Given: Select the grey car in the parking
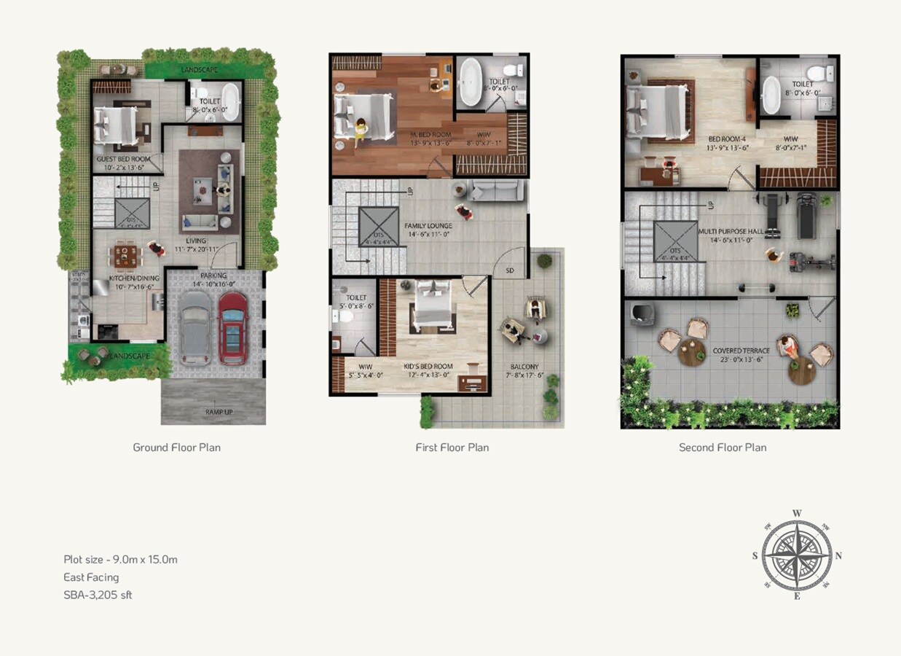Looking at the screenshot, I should click(x=195, y=327).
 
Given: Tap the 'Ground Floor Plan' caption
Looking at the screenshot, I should click(x=176, y=447).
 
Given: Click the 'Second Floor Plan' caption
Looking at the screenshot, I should click(x=723, y=447).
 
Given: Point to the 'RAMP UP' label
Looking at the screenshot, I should click(x=213, y=413).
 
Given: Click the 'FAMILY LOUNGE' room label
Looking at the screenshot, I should click(x=429, y=226).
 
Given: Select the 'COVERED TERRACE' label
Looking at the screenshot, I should click(x=741, y=351).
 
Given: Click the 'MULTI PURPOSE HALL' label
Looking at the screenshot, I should click(x=731, y=231).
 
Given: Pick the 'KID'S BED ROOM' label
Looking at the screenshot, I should click(x=428, y=367).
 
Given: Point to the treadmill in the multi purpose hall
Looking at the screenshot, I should click(x=806, y=215).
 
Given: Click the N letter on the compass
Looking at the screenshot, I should click(x=838, y=555).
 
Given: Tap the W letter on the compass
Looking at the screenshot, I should click(x=797, y=513).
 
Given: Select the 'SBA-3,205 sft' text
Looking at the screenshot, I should click(x=98, y=595).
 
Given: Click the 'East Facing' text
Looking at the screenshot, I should click(x=91, y=577).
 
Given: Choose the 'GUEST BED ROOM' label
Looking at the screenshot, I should click(x=124, y=159).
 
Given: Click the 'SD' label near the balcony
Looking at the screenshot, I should click(x=509, y=271).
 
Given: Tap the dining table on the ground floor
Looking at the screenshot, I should click(x=125, y=256).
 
